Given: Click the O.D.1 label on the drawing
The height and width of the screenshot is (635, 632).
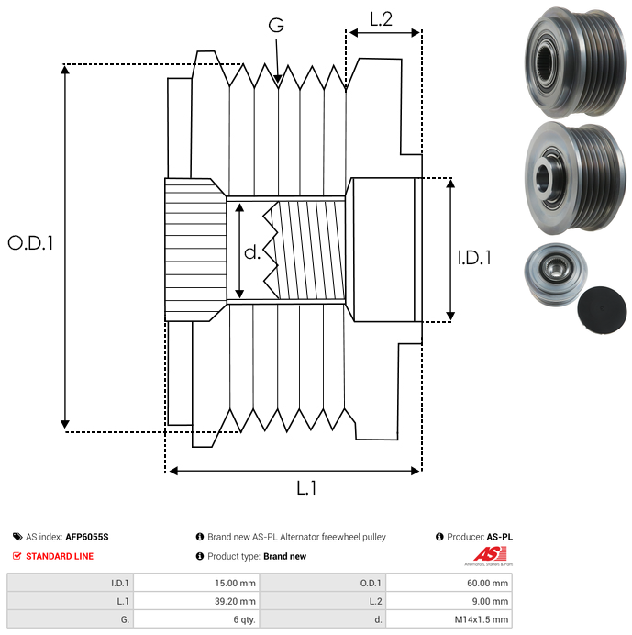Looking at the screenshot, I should click(31, 243).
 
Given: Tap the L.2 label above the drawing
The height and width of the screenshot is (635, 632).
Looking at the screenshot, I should click(381, 18).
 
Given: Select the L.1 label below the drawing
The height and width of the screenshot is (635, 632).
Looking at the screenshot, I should click(306, 488).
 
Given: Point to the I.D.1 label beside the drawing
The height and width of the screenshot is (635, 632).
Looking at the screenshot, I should click(474, 258).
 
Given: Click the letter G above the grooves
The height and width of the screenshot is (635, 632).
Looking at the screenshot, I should click(276, 26).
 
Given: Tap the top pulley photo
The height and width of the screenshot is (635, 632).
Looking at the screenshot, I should click(574, 61).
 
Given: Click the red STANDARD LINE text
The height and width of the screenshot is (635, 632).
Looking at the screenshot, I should click(59, 556).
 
